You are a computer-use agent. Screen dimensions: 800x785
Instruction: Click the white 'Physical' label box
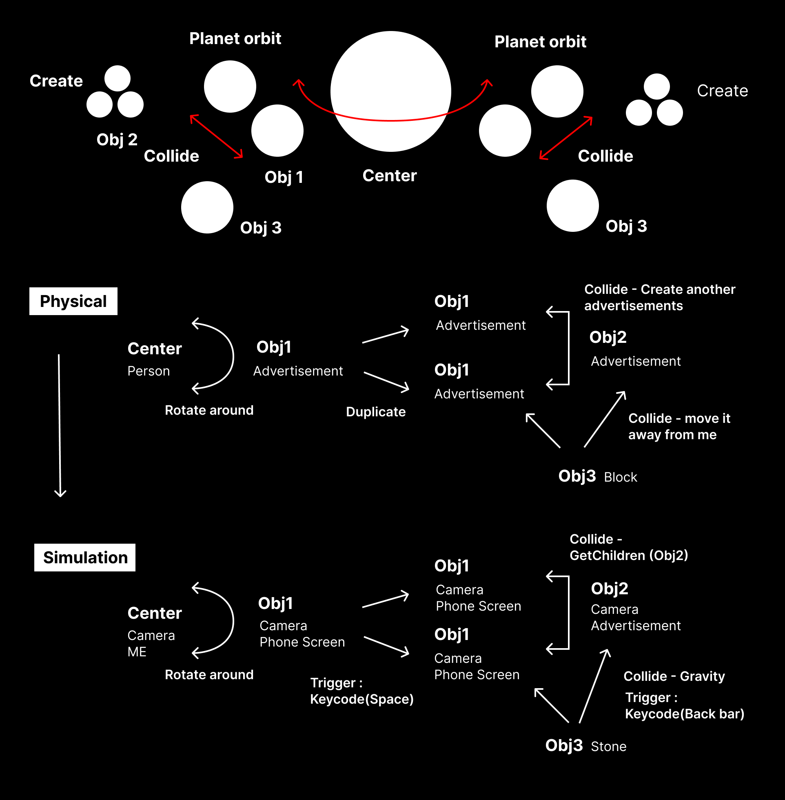(73, 301)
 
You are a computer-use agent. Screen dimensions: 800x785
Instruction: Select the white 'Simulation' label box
(84, 557)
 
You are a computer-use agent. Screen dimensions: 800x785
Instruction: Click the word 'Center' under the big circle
(389, 176)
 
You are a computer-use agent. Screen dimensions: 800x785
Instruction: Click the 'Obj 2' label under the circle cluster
(117, 139)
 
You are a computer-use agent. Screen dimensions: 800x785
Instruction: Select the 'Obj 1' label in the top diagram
(284, 177)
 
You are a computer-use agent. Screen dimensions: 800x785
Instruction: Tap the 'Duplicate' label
(376, 411)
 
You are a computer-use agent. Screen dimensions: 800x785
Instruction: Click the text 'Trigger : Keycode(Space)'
(361, 691)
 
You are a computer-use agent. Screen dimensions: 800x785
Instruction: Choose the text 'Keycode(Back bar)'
(684, 714)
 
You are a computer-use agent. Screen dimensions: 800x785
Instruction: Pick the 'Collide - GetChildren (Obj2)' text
(629, 547)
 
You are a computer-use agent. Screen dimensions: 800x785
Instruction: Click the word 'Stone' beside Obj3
(609, 747)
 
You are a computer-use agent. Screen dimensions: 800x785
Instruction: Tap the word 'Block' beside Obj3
(621, 477)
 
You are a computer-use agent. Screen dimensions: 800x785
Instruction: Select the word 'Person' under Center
(149, 371)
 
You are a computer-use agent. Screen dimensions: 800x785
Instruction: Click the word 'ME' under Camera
(137, 652)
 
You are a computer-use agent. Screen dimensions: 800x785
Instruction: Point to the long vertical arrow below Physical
(60, 425)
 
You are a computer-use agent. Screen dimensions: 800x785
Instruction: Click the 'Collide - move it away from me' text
(679, 427)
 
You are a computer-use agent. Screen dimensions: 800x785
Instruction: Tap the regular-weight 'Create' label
(722, 90)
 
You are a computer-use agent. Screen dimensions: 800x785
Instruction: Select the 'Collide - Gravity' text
(674, 676)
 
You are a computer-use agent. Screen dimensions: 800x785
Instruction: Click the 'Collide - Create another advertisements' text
(660, 297)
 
